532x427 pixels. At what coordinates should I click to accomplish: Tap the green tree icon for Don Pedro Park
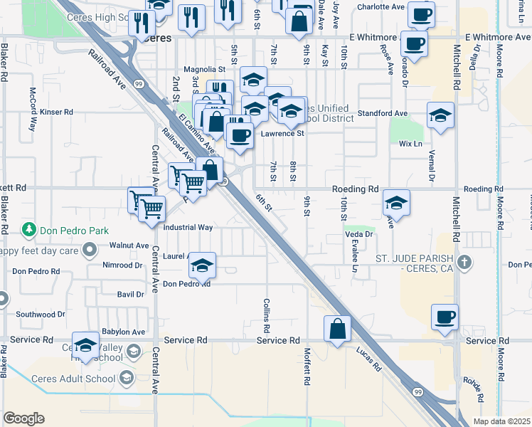click(x=29, y=230)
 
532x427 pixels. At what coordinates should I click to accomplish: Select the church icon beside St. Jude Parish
click(x=464, y=263)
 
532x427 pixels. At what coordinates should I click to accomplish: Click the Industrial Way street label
click(x=188, y=228)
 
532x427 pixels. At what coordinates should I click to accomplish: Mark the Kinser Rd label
click(x=57, y=112)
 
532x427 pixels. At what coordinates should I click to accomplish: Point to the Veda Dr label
click(x=359, y=234)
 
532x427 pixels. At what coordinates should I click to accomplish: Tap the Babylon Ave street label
click(x=123, y=332)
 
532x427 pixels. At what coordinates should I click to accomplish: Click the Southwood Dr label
click(x=41, y=314)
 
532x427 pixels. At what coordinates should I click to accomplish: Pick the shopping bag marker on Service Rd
click(x=338, y=329)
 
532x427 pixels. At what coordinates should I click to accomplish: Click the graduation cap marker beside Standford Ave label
click(x=440, y=115)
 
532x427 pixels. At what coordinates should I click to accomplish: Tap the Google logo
click(x=23, y=418)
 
